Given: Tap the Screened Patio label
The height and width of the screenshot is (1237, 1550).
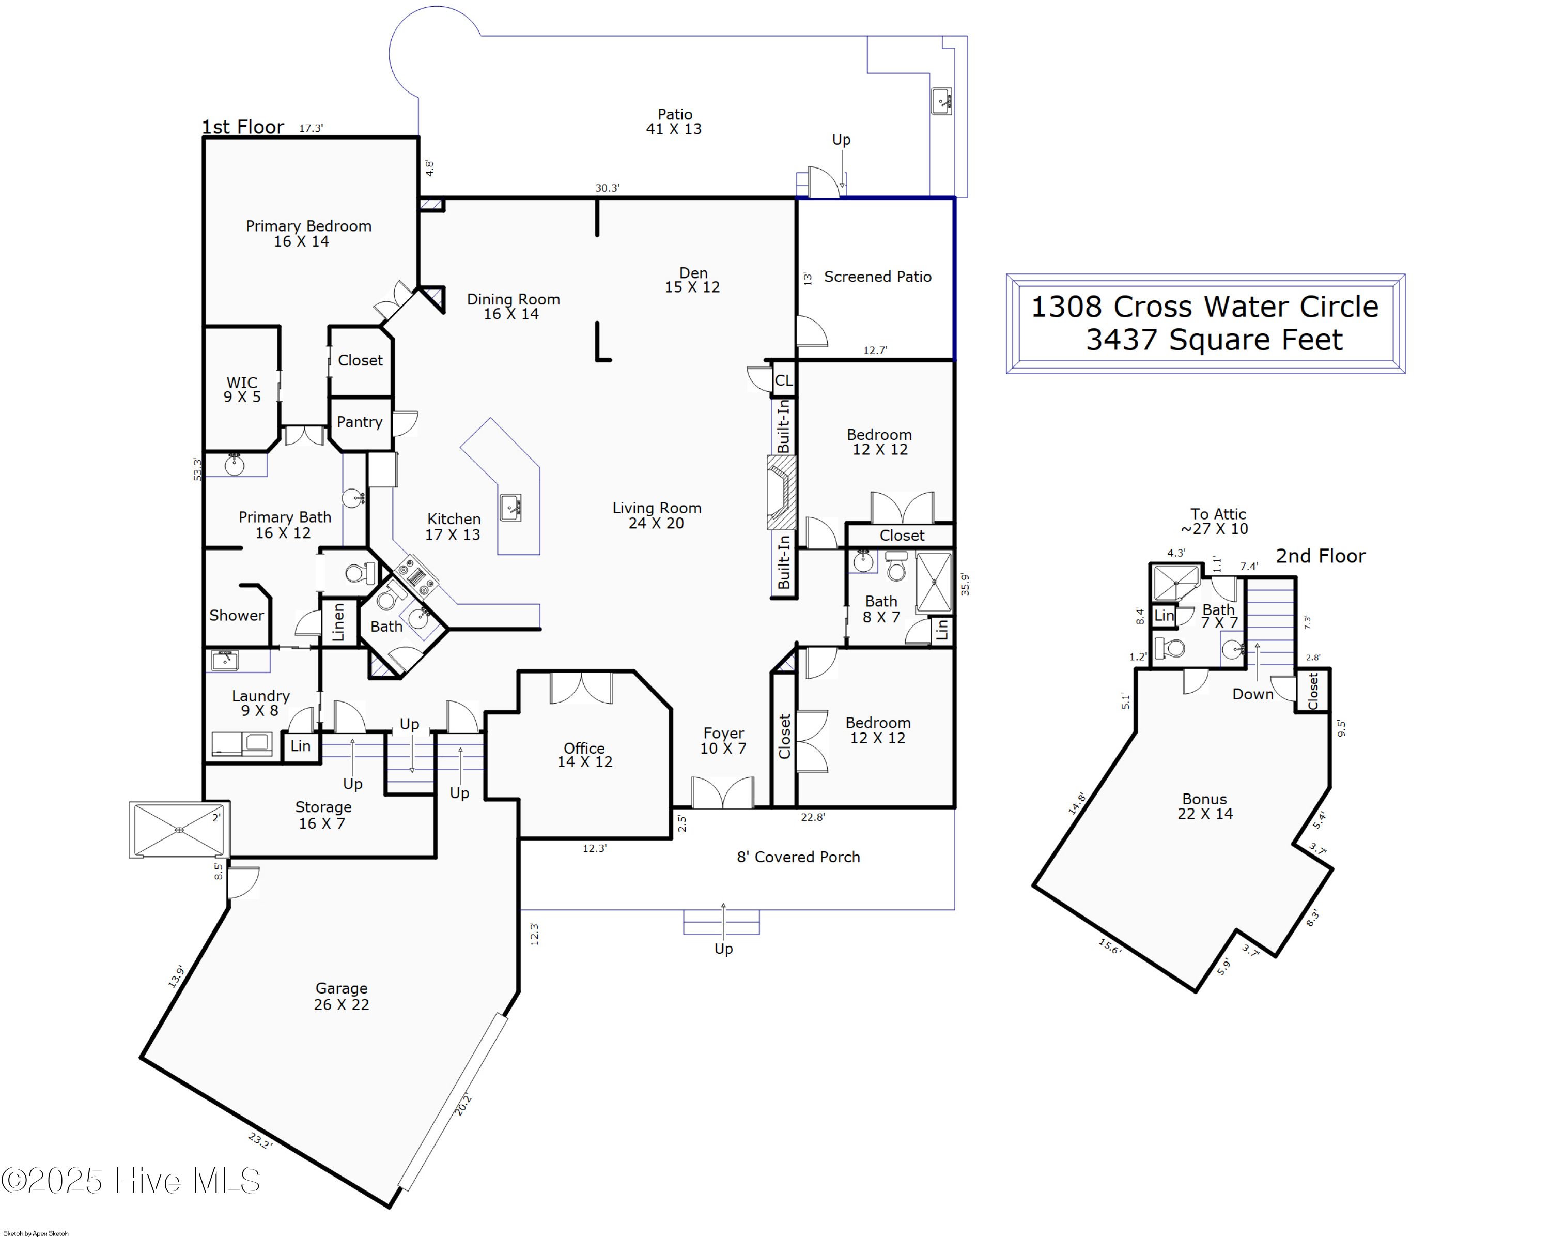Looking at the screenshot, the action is tap(877, 277).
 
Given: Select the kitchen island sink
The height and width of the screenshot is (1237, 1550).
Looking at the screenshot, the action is tap(510, 508).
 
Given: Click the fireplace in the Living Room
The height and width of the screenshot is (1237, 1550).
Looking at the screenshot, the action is tap(782, 492).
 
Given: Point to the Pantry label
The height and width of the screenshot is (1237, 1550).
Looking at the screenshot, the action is tap(360, 422).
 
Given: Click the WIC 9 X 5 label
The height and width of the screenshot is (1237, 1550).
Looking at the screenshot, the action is tap(242, 389).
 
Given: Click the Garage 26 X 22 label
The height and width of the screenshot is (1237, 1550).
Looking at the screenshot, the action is tap(342, 996).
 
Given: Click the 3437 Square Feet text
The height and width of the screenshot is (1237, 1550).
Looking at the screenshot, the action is tap(1214, 340).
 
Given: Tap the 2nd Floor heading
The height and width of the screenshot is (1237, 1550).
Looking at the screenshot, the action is tap(1320, 556).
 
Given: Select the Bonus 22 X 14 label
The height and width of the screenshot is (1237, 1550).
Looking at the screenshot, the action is tap(1205, 806).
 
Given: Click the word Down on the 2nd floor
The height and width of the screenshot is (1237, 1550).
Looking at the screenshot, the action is tap(1252, 694).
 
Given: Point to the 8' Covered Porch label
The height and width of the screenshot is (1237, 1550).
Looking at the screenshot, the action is tap(798, 857).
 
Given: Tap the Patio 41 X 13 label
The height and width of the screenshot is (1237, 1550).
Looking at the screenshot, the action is tap(674, 121).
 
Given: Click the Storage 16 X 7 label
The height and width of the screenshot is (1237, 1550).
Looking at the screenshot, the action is tap(323, 815).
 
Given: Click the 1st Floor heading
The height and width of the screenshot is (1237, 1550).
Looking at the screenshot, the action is tap(243, 127).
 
